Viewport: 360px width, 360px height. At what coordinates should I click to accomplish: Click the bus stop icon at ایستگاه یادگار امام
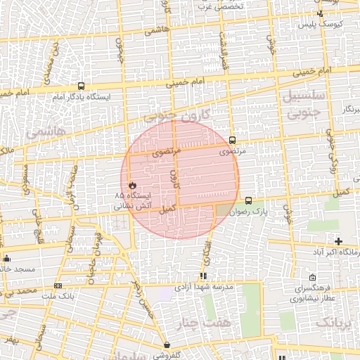[81, 86]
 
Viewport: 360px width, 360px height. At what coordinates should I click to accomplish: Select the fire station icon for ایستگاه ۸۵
[131, 185]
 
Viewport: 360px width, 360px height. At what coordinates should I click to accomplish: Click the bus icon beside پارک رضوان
[248, 201]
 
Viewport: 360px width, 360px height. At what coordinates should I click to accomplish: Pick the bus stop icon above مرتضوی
[232, 140]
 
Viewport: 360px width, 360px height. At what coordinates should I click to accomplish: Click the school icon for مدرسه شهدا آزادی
[203, 276]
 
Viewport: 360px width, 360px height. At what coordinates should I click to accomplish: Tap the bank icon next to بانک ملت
[58, 285]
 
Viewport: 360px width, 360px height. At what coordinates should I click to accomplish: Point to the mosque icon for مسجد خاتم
[7, 258]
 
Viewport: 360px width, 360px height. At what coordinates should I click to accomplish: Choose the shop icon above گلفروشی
[166, 345]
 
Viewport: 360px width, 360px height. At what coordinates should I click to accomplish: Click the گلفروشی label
[167, 355]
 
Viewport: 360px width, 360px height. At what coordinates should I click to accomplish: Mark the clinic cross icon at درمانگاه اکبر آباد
[338, 241]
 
